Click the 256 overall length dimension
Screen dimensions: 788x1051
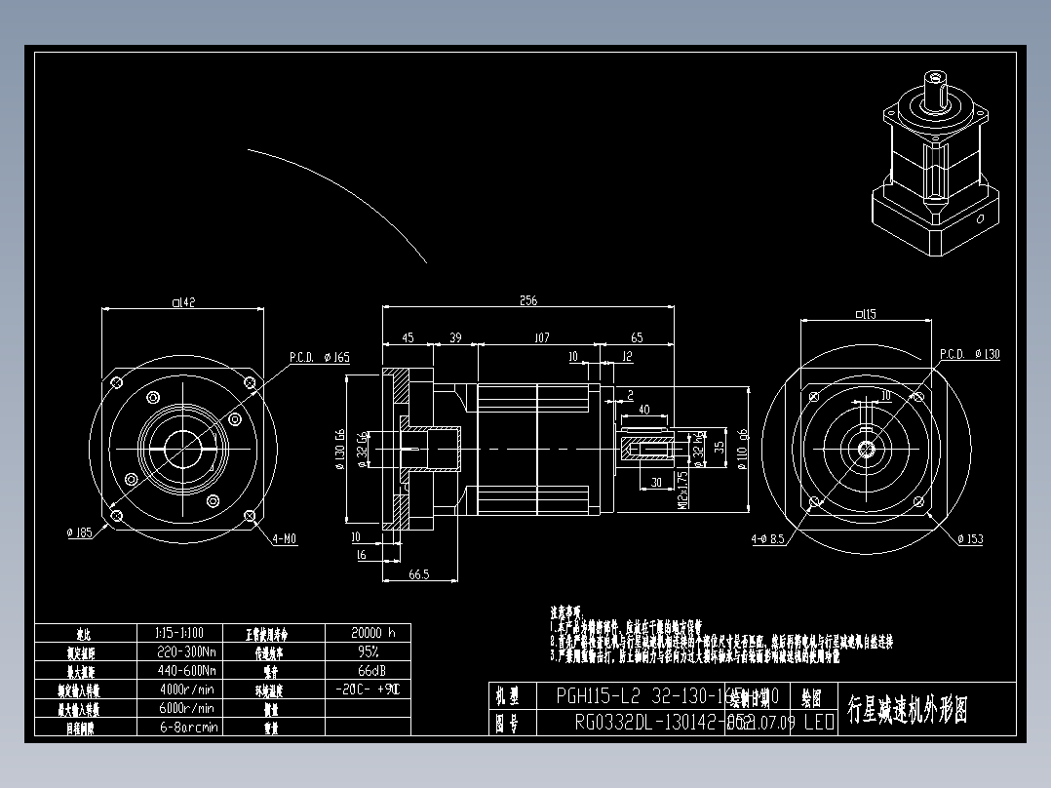pyautogui.click(x=528, y=301)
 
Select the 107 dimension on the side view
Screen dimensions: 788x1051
pyautogui.click(x=542, y=337)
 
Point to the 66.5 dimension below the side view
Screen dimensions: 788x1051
pyautogui.click(x=419, y=574)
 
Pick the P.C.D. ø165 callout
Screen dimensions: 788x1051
pyautogui.click(x=319, y=357)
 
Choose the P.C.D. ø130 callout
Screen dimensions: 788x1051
pyautogui.click(x=969, y=354)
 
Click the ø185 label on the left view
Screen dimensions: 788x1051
pyautogui.click(x=79, y=533)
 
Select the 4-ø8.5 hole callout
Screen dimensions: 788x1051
pyautogui.click(x=768, y=538)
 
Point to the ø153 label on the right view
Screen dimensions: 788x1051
pyautogui.click(x=970, y=538)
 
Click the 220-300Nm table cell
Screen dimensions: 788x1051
pyautogui.click(x=186, y=651)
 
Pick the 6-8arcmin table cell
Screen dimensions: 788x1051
pyautogui.click(x=186, y=727)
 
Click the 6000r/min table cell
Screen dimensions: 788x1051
pyautogui.click(x=186, y=708)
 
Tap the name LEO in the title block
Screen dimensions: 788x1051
pyautogui.click(x=819, y=723)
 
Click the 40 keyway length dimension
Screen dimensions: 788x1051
pyautogui.click(x=644, y=410)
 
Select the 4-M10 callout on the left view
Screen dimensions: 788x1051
pyautogui.click(x=285, y=538)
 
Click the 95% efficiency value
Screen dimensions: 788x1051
pyautogui.click(x=369, y=651)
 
